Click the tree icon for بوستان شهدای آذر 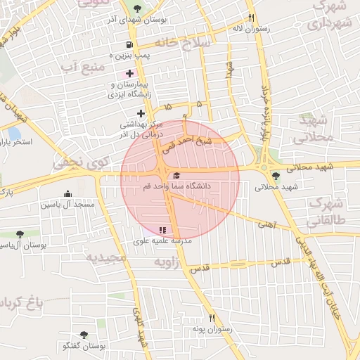[137, 8]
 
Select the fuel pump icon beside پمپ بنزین [128, 45]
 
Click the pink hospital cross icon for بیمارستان [129, 73]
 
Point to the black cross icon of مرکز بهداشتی [141, 112]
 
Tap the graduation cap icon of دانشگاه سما [176, 175]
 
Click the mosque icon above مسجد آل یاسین [67, 193]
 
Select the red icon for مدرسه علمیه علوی [162, 230]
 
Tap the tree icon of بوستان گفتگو [84, 335]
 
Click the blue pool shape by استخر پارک [14, 133]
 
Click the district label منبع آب [82, 66]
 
